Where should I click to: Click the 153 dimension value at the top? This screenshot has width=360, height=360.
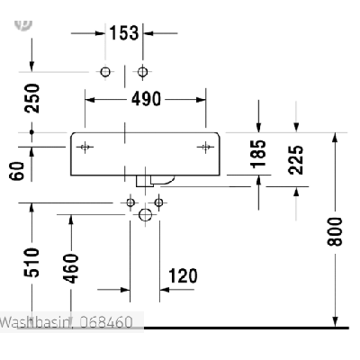[x=124, y=32]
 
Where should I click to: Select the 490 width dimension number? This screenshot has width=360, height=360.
[x=146, y=99]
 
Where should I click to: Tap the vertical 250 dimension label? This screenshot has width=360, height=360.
[x=32, y=98]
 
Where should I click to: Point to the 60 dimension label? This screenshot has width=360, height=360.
[x=17, y=171]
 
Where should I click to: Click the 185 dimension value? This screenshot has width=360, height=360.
[x=258, y=154]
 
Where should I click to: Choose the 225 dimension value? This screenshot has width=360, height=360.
[x=296, y=160]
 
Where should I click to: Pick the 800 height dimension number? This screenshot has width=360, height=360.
[x=335, y=232]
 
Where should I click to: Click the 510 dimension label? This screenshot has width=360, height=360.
[x=31, y=263]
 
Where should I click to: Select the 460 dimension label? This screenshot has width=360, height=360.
[x=71, y=268]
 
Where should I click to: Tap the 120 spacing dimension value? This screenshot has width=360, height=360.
[x=183, y=276]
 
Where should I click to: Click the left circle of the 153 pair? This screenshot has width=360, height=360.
[x=105, y=72]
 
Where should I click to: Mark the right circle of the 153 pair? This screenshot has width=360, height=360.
[x=142, y=72]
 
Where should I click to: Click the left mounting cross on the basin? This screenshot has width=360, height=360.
[x=85, y=147]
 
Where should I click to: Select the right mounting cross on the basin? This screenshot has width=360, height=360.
[x=205, y=147]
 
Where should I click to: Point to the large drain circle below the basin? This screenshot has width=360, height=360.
[x=146, y=215]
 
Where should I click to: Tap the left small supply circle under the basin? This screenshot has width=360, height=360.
[x=130, y=202]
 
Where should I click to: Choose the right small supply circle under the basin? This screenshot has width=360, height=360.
[x=158, y=202]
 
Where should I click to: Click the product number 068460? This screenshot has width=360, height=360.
[x=106, y=322]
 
